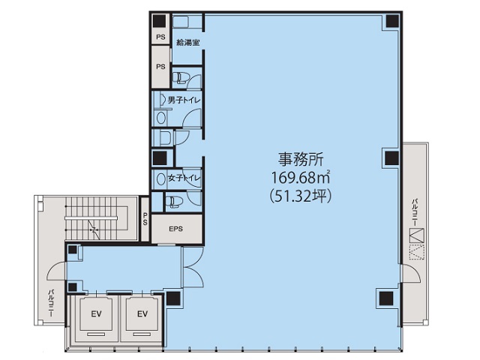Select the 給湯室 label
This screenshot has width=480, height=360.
[186, 43]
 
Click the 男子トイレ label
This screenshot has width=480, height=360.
[182, 99]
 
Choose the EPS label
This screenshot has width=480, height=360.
[176, 229]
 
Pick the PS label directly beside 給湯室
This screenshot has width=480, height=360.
[160, 37]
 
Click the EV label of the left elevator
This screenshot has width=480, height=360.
[96, 313]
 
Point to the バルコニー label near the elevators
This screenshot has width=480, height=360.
[51, 301]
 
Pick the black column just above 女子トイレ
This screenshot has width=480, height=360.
[158, 157]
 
